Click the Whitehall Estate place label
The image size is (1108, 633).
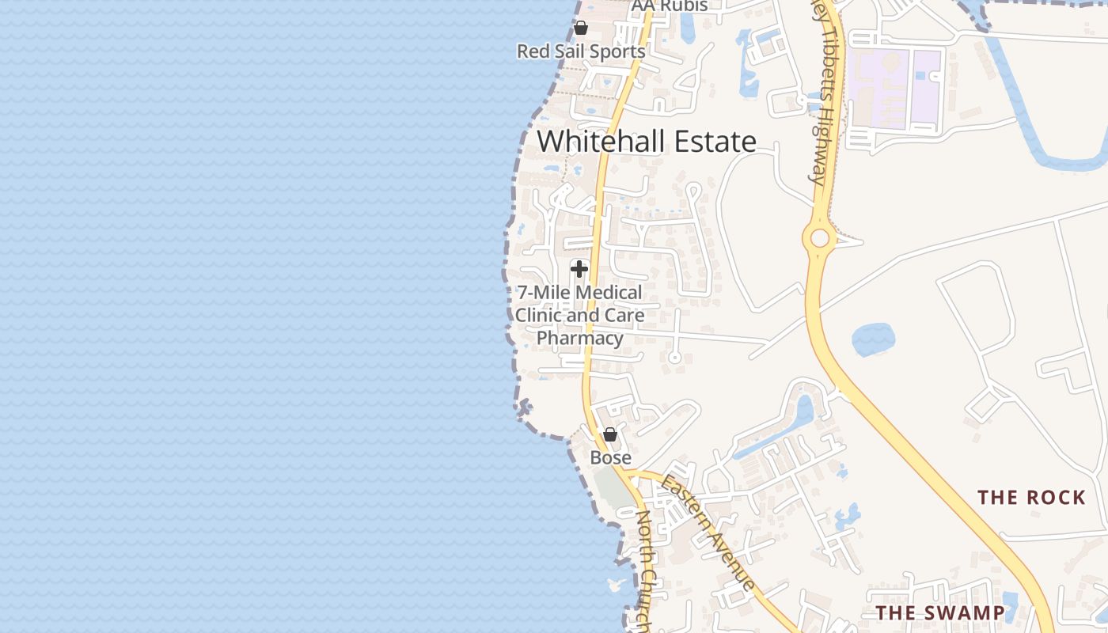tap(647, 142)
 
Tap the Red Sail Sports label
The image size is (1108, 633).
tap(581, 51)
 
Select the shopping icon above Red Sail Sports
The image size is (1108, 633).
tap(581, 28)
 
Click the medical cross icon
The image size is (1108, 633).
tap(579, 269)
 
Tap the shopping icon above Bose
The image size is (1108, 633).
tap(609, 434)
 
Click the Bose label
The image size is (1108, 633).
tap(611, 457)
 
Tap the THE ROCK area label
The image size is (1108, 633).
tap(1031, 498)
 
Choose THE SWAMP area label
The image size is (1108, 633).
tap(940, 612)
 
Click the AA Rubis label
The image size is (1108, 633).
tap(670, 6)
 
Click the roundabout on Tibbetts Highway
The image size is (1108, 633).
tap(820, 237)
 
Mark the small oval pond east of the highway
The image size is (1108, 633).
tap(873, 339)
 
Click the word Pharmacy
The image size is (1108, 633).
tap(580, 339)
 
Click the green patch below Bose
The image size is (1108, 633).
tap(612, 488)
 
